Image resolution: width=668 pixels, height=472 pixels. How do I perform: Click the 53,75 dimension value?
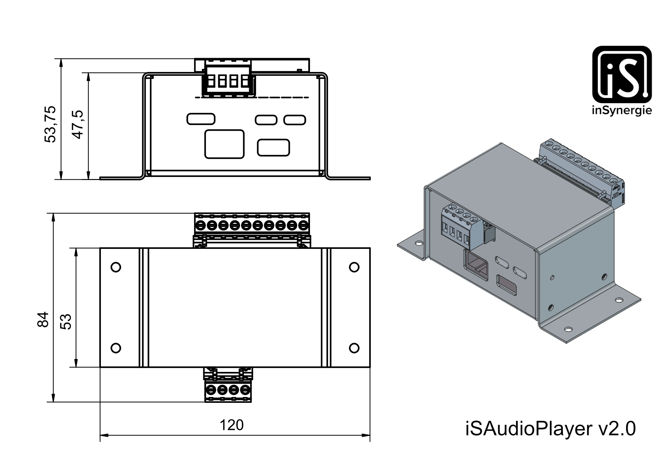50,124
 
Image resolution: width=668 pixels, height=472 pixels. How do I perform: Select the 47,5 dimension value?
78,124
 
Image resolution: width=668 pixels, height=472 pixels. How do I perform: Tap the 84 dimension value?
43,319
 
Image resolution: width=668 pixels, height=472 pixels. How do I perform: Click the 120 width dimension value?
232,425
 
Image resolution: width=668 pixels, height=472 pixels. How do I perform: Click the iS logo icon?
622,74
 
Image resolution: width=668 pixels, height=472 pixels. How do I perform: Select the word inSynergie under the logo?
622,111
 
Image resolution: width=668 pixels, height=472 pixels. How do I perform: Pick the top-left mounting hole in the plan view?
116,267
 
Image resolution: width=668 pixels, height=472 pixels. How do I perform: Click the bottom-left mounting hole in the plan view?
116,348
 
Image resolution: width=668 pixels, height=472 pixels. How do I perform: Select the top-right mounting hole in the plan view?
354,267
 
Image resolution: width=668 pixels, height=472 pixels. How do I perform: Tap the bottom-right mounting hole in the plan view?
354,348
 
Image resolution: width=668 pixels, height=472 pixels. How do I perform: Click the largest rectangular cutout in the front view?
224,144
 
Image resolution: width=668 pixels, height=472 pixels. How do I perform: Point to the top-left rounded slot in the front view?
201,119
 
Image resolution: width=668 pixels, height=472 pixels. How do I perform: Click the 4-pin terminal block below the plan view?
228,385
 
